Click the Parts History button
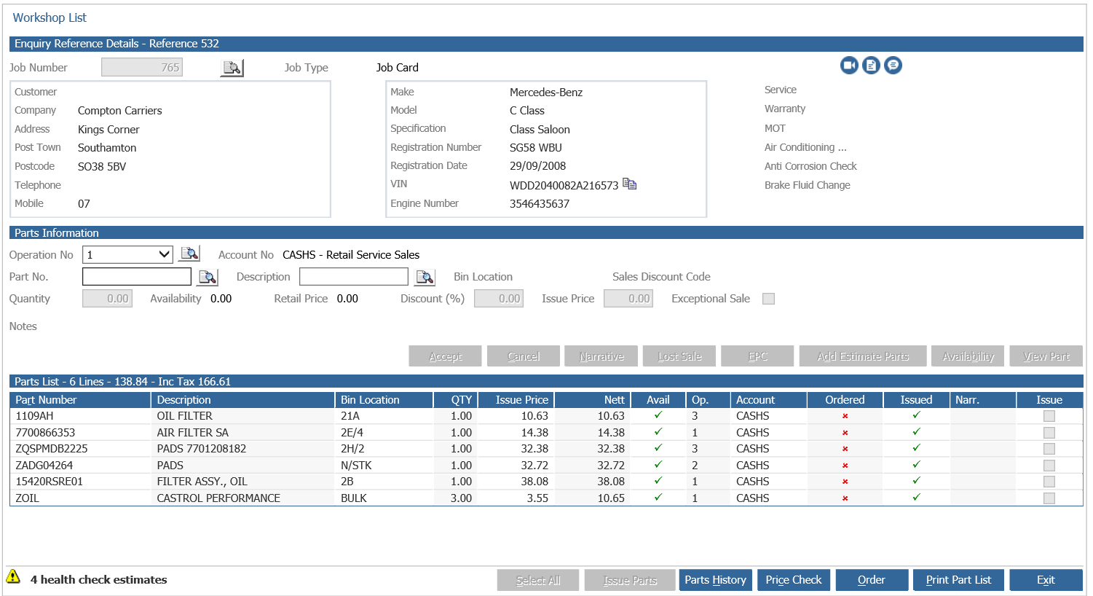click(x=715, y=580)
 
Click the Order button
click(x=872, y=580)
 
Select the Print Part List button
click(x=958, y=580)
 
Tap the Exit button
click(x=1046, y=580)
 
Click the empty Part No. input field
click(x=137, y=277)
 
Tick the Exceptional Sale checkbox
click(x=768, y=299)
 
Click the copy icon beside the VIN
click(x=630, y=184)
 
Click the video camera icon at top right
click(x=849, y=66)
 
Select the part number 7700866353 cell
click(x=45, y=433)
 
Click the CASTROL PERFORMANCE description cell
click(x=218, y=498)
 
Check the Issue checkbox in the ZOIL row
click(x=1049, y=498)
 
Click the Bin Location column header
click(x=370, y=400)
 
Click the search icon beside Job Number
click(x=232, y=68)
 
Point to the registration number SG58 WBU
click(x=536, y=148)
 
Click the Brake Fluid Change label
click(x=807, y=185)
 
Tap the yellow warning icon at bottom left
click(x=13, y=577)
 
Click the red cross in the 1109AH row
click(x=845, y=416)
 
